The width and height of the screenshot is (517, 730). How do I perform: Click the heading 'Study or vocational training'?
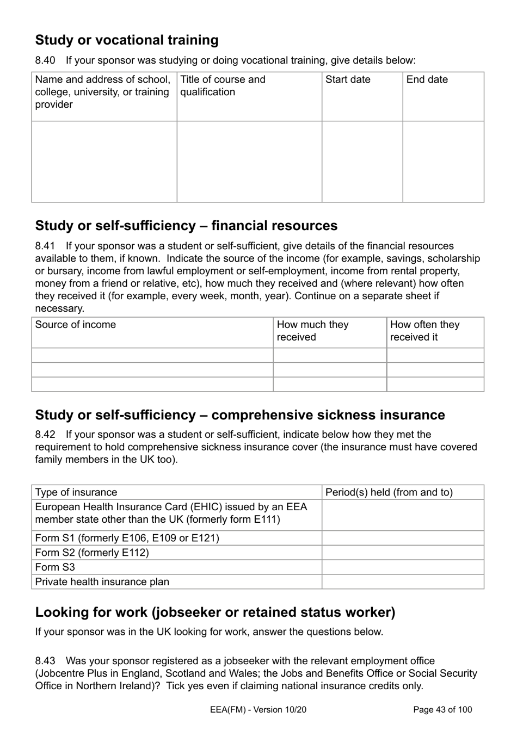pyautogui.click(x=127, y=40)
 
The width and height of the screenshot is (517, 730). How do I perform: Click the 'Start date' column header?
pyautogui.click(x=348, y=79)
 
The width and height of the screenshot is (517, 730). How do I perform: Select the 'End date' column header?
pyautogui.click(x=427, y=79)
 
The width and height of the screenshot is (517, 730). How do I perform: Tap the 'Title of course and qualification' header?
pyautogui.click(x=223, y=85)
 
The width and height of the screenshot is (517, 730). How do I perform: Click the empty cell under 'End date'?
pyautogui.click(x=443, y=162)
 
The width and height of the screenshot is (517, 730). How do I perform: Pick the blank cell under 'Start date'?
pyautogui.click(x=362, y=162)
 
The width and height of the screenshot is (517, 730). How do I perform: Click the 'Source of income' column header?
pyautogui.click(x=76, y=325)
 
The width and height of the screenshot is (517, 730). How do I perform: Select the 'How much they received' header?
pyautogui.click(x=312, y=331)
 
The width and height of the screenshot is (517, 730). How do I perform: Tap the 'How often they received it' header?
pyautogui.click(x=425, y=331)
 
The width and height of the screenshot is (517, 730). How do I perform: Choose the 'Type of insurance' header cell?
pyautogui.click(x=76, y=492)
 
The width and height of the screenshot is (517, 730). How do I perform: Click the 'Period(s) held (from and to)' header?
pyautogui.click(x=389, y=492)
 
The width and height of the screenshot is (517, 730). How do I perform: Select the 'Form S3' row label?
pyautogui.click(x=55, y=567)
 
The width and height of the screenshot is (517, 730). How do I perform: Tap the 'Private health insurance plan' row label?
pyautogui.click(x=102, y=582)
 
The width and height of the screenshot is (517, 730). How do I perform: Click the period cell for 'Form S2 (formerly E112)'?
pyautogui.click(x=403, y=553)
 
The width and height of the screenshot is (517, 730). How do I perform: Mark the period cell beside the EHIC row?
pyautogui.click(x=403, y=515)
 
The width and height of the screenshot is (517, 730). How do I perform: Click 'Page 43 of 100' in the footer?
pyautogui.click(x=443, y=709)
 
